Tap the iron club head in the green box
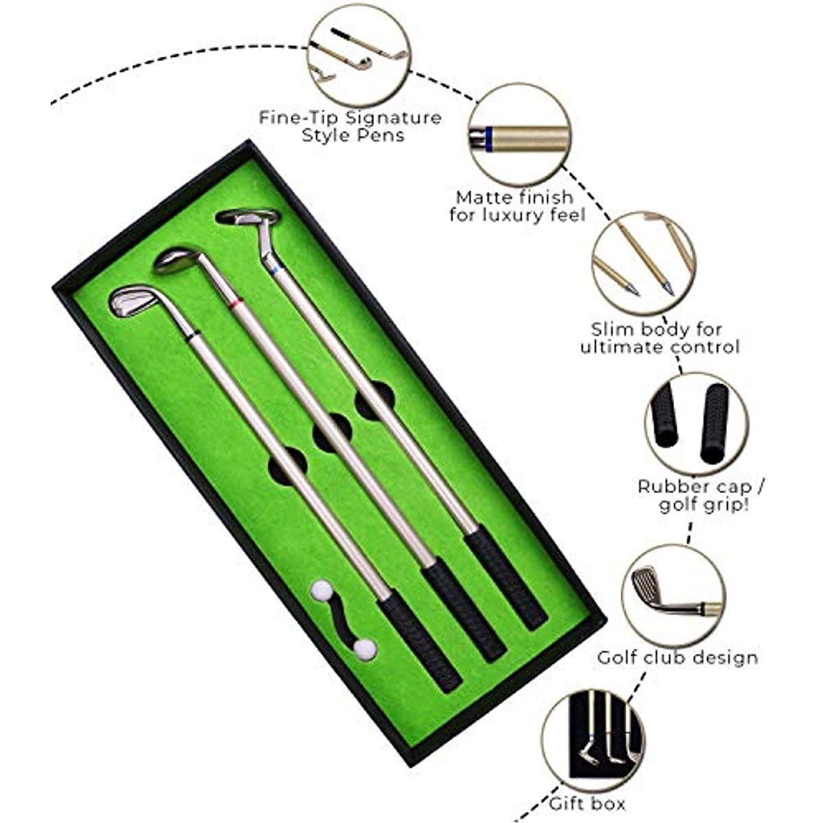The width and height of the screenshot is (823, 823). coord(133,302)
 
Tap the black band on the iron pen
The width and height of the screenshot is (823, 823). coord(194,334)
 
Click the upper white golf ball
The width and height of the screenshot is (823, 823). coord(322,591)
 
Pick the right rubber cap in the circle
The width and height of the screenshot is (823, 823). coord(714,423)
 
